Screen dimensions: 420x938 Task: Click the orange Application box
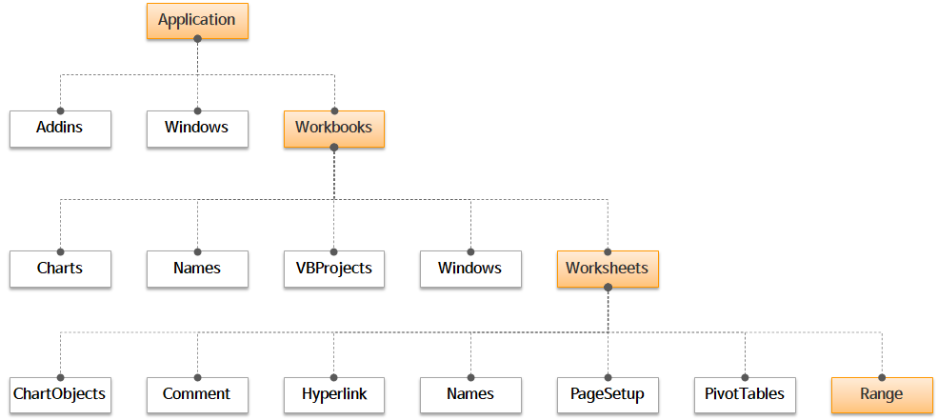coord(197,21)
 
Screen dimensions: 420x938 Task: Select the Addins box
coord(60,128)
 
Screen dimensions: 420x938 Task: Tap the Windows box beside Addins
coord(197,128)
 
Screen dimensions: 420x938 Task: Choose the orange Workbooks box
coord(333,128)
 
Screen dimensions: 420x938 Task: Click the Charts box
coord(60,269)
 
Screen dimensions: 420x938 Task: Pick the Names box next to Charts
coord(197,269)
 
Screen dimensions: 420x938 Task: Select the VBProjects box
coord(333,269)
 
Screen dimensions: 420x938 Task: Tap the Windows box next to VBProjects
coord(470,269)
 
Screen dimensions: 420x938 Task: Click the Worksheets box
coord(608,269)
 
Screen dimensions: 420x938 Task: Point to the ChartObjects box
coord(60,394)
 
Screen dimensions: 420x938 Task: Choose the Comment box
coord(197,394)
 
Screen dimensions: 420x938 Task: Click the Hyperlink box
coord(333,394)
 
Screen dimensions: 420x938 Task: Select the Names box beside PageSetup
coord(470,394)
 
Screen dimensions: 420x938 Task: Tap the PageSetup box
coord(608,394)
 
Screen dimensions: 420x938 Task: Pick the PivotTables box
coord(745,394)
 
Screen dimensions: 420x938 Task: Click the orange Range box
coord(882,394)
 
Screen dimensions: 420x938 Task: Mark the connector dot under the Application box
coord(197,39)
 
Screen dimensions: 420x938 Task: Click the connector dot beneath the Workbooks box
coord(333,147)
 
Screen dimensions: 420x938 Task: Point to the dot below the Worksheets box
coord(608,288)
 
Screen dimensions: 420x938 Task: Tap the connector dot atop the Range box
coord(882,377)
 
